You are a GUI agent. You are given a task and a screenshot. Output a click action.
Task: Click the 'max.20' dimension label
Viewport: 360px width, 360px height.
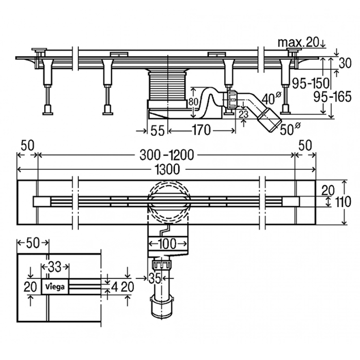tap(298, 43)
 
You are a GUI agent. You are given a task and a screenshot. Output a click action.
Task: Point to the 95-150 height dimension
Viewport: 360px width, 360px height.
tap(311, 83)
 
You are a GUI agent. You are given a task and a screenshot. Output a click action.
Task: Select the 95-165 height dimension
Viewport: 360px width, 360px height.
tap(332, 97)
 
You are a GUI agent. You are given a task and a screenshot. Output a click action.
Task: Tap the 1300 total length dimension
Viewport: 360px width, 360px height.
tap(167, 169)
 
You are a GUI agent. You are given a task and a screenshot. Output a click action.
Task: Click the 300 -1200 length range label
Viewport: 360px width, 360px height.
tap(167, 155)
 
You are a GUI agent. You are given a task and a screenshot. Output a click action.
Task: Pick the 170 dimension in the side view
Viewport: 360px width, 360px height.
tap(202, 130)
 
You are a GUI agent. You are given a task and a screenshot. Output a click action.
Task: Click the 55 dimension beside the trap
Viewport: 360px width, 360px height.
tap(157, 131)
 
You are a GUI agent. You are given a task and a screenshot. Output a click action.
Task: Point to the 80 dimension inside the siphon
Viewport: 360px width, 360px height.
tap(193, 102)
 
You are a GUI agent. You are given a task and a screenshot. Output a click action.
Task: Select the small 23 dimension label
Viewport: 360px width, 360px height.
tap(243, 114)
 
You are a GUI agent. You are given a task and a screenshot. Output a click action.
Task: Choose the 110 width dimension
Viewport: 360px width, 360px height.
tap(343, 202)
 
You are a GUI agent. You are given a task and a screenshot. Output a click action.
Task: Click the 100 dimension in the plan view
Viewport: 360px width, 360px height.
tap(167, 244)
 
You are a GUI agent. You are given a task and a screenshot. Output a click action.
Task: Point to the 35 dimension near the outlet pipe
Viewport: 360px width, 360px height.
tap(154, 278)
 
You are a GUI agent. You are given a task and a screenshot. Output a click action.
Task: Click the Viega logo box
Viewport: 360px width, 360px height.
tap(55, 287)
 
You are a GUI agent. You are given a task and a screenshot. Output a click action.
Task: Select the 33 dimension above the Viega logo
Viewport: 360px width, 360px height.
tap(55, 267)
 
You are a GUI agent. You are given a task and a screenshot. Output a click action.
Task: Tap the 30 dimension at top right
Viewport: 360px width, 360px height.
tap(345, 63)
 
